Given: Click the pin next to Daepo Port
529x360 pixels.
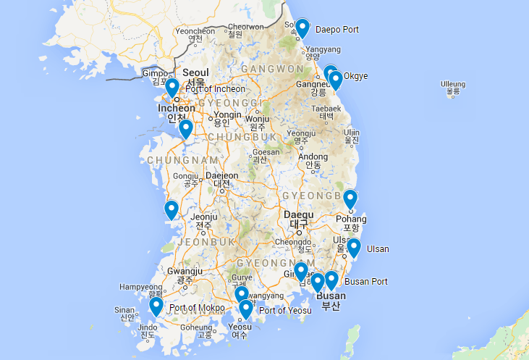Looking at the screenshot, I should (302, 28).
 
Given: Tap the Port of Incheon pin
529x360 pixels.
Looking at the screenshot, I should (172, 88).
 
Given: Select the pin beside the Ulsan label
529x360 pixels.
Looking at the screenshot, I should (354, 248).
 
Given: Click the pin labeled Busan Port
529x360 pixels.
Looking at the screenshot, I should (331, 280).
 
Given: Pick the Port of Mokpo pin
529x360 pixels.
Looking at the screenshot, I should (156, 306).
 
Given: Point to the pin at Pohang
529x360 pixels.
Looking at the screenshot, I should (350, 198).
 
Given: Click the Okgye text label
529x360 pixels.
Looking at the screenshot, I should (357, 75).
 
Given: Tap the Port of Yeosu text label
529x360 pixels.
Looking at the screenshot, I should (285, 311).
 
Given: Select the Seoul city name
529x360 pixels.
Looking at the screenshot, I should (195, 73).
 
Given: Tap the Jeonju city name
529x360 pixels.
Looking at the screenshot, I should (203, 216).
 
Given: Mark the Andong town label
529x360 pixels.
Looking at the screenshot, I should (313, 156).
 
